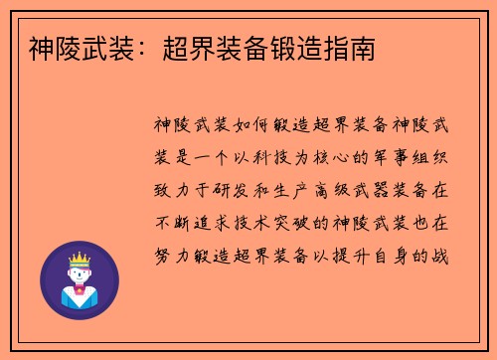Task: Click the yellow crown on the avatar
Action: click(x=79, y=262)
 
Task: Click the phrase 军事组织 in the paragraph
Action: click(x=416, y=158)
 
